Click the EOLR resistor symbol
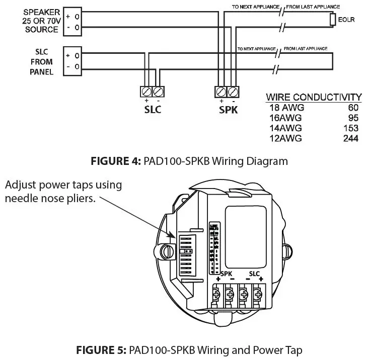pyautogui.click(x=332, y=20)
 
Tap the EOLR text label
pyautogui.click(x=346, y=20)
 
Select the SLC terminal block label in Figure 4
pyautogui.click(x=152, y=110)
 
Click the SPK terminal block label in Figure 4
pyautogui.click(x=228, y=110)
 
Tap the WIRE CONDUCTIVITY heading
pyautogui.click(x=314, y=97)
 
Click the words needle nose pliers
pyautogui.click(x=50, y=198)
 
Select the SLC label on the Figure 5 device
pyautogui.click(x=254, y=275)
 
